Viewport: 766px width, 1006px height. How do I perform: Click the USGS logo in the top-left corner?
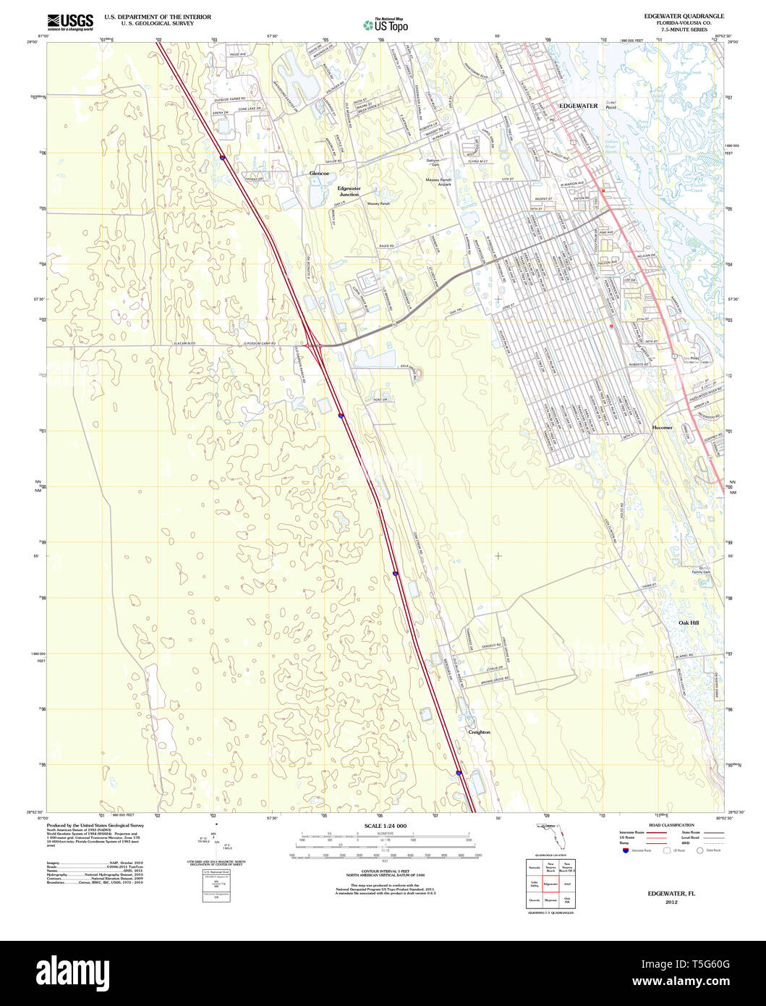click(x=70, y=22)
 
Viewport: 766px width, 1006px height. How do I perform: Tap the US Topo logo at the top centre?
click(x=386, y=25)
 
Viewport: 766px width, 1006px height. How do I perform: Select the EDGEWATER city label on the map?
click(x=579, y=106)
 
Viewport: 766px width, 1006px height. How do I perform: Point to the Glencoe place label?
click(x=319, y=174)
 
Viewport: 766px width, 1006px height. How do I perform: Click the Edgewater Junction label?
click(x=349, y=191)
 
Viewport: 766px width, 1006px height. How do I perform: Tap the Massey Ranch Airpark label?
click(x=438, y=182)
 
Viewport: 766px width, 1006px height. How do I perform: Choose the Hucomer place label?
click(x=662, y=428)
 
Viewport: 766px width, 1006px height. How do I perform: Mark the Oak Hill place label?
click(x=689, y=622)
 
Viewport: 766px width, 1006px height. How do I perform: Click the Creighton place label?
click(x=479, y=732)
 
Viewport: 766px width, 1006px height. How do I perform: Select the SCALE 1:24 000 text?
click(x=386, y=826)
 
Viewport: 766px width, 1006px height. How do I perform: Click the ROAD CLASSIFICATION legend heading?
click(x=671, y=825)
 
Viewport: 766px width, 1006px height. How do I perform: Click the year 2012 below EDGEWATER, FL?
click(x=671, y=903)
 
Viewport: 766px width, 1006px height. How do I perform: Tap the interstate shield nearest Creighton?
click(x=459, y=773)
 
